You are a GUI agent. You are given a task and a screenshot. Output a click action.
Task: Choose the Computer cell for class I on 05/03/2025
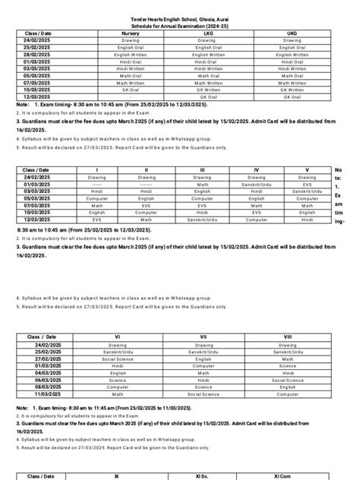(96, 197)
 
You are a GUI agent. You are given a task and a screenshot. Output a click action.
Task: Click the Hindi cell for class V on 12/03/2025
(307, 219)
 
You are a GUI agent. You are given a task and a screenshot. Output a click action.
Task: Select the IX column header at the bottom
(137, 475)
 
